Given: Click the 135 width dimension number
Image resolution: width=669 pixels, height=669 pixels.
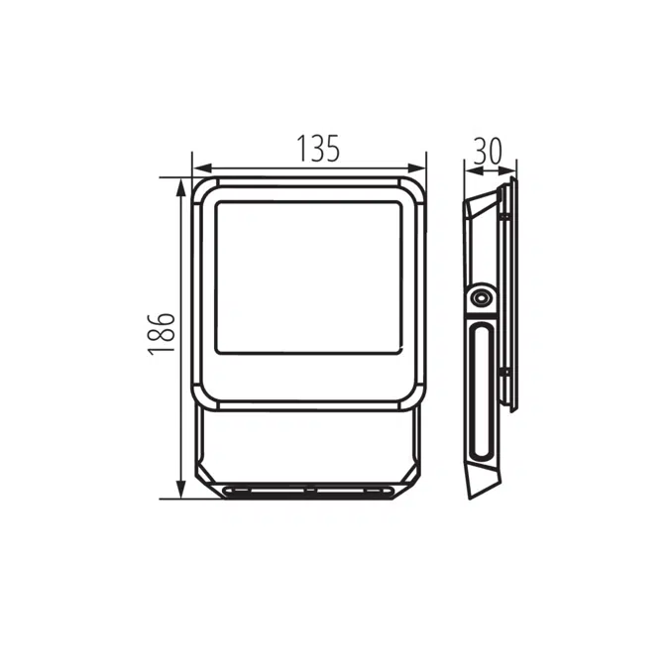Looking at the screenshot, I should click(x=318, y=149).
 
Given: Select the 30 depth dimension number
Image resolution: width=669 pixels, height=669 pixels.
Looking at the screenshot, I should click(x=488, y=150).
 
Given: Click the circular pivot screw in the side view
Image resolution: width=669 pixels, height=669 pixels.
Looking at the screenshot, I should click(x=483, y=297).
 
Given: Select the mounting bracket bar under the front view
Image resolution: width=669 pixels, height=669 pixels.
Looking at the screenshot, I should click(x=308, y=491).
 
